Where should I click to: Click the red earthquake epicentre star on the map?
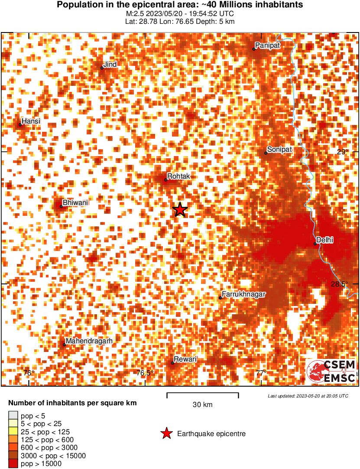click(180, 210)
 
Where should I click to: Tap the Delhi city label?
click(324, 240)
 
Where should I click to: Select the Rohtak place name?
click(178, 176)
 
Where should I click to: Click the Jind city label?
click(110, 65)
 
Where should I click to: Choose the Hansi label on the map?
click(31, 121)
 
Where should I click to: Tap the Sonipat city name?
click(279, 150)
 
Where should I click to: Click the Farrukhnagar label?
click(243, 294)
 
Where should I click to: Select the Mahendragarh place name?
click(89, 341)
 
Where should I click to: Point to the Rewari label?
click(185, 359)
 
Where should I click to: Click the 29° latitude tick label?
click(342, 152)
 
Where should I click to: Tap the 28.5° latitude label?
click(339, 284)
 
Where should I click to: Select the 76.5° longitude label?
click(145, 373)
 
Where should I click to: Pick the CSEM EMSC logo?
click(331, 371)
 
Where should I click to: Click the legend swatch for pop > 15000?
click(13, 464)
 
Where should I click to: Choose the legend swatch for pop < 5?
click(13, 416)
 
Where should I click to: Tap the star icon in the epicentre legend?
click(166, 433)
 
